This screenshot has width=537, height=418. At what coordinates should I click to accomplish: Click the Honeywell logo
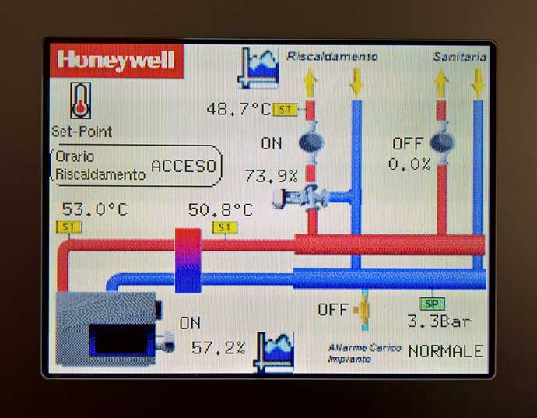tap(116, 60)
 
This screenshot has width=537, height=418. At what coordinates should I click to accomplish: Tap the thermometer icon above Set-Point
tap(80, 100)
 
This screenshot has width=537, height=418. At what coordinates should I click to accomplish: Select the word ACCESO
tap(184, 166)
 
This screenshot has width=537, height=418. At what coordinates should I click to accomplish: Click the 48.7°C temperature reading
tap(239, 109)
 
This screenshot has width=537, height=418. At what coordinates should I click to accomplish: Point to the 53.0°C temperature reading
tap(95, 209)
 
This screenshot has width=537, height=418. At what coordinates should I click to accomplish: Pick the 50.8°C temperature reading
tap(221, 209)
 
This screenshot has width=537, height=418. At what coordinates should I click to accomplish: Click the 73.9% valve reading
tap(271, 176)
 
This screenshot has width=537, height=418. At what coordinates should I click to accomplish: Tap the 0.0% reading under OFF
tap(409, 164)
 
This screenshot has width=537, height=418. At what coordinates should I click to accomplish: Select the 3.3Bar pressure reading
tap(439, 321)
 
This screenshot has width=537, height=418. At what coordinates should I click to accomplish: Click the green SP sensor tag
tap(432, 304)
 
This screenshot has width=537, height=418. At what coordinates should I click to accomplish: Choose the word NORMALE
tap(446, 352)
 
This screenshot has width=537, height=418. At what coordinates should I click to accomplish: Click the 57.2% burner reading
tap(218, 348)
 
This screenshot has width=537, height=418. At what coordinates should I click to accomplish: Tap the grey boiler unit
tap(106, 328)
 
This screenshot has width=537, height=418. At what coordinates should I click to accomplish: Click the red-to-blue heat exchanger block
tap(188, 261)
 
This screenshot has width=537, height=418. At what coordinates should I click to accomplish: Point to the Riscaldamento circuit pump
tap(311, 142)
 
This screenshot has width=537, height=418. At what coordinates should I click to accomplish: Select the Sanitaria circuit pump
tap(442, 142)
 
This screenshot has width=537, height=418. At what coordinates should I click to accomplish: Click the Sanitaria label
tap(460, 57)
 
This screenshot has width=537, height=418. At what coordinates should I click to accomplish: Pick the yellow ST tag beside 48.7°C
tap(285, 110)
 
